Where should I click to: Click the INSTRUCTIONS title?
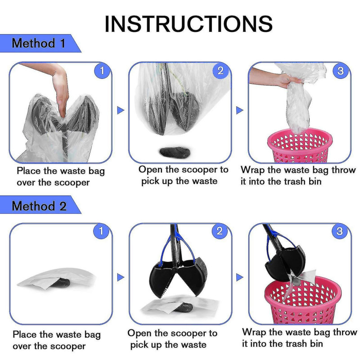(189, 24)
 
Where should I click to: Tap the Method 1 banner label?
(39, 43)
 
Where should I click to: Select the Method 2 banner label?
(39, 206)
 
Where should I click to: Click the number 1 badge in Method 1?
(102, 71)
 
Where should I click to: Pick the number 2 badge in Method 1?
(220, 71)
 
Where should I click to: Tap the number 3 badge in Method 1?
(341, 71)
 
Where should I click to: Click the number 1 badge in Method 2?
(101, 231)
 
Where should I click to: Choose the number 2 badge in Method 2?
(220, 231)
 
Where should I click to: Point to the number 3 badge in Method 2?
(340, 231)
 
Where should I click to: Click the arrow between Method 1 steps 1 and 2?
(120, 110)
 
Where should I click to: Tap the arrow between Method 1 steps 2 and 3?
(239, 110)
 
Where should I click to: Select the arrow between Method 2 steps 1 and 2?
(120, 277)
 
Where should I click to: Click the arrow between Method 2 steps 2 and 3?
(239, 277)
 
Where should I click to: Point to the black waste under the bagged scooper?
(175, 152)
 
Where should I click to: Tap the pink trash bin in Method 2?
(302, 300)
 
